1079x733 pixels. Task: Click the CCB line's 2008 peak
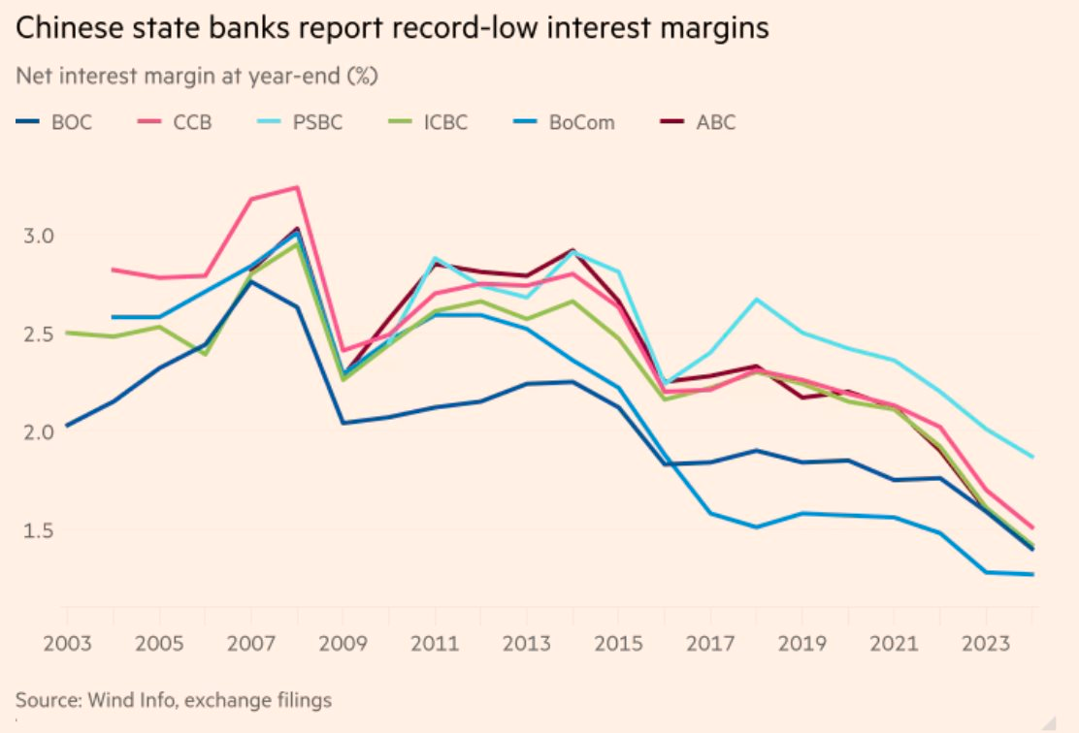297,187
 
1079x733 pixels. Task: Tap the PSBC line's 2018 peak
756,300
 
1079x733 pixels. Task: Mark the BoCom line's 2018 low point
756,527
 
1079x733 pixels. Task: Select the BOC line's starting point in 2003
67,426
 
